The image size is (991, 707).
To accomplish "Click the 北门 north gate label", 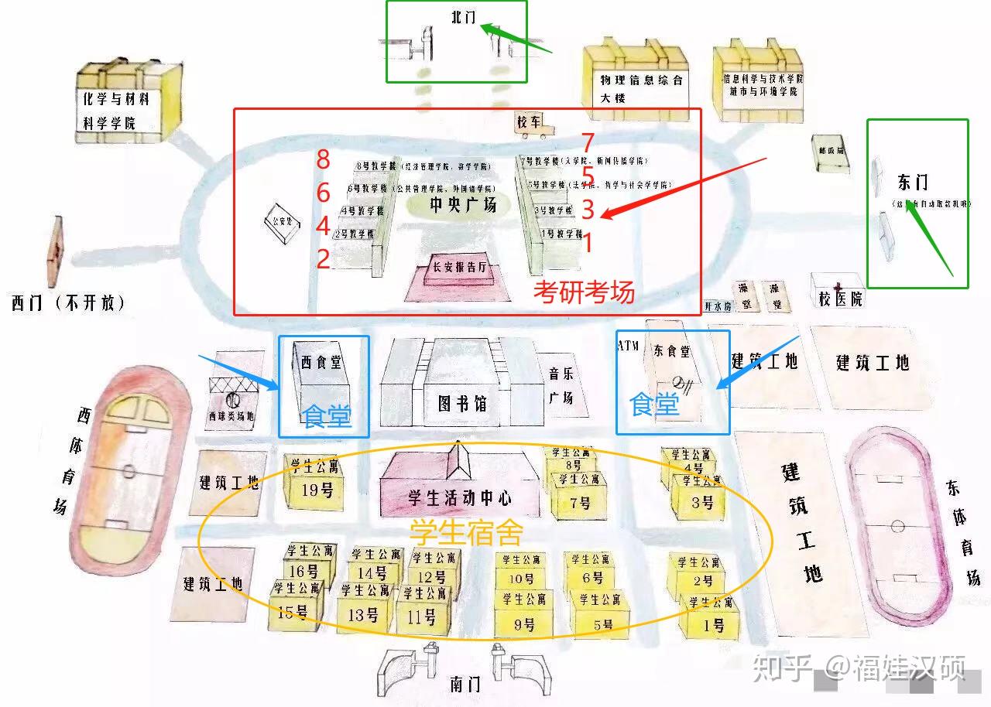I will click(463, 17).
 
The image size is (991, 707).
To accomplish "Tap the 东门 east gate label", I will click(913, 183).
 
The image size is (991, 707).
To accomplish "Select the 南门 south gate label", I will click(465, 685).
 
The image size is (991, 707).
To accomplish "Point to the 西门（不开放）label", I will click(68, 302).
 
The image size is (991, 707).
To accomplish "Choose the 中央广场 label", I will click(463, 205).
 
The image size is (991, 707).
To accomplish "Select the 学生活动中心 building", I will click(460, 487).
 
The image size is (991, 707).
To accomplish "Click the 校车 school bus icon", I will click(532, 124).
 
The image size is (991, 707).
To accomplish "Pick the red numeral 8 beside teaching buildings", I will click(323, 160).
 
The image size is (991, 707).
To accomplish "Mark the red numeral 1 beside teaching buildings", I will click(587, 243).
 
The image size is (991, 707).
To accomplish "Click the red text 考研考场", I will click(584, 292).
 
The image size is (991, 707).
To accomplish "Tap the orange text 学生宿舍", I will click(466, 532).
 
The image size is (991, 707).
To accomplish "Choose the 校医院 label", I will click(840, 297).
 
